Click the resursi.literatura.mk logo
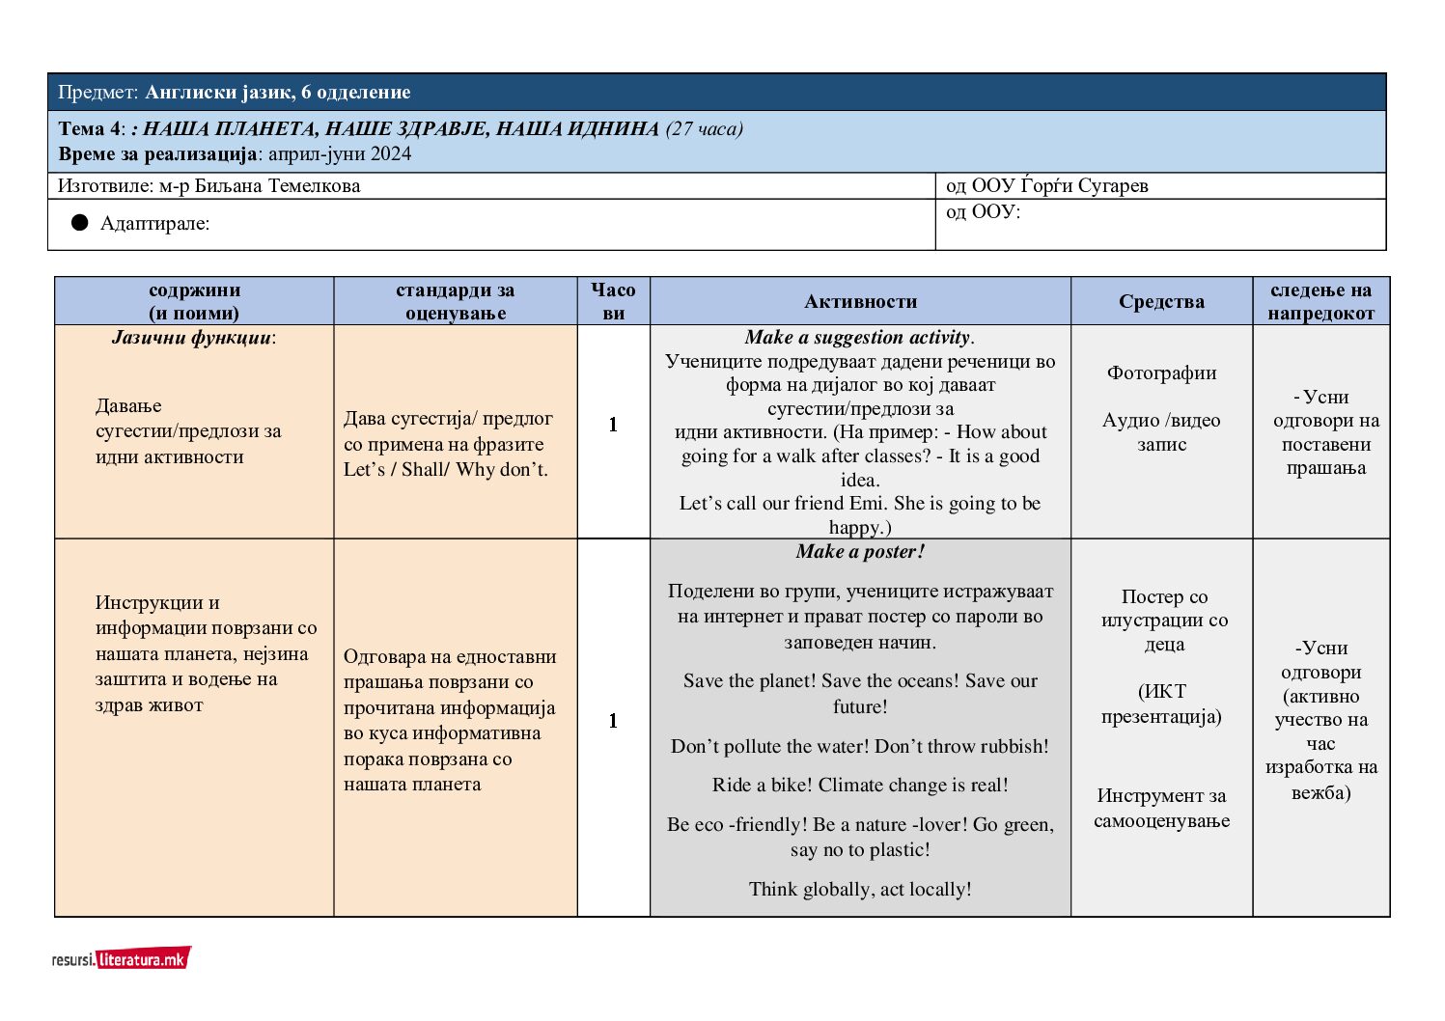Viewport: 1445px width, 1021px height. pyautogui.click(x=122, y=958)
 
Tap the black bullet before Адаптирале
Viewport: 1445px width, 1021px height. pyautogui.click(x=80, y=223)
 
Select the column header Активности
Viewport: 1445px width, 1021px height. pyautogui.click(x=860, y=301)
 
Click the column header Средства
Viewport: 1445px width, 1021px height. pyautogui.click(x=1161, y=301)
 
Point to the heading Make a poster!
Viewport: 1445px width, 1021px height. pyautogui.click(x=860, y=552)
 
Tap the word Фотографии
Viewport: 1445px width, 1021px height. pyautogui.click(x=1161, y=373)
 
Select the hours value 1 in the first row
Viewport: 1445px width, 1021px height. pyautogui.click(x=613, y=425)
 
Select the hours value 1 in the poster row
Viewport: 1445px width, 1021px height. pyautogui.click(x=613, y=721)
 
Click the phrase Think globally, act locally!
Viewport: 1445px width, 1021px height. pyautogui.click(x=860, y=889)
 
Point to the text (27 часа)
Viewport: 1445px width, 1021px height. pyautogui.click(x=705, y=128)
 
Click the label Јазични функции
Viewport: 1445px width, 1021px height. pyautogui.click(x=192, y=337)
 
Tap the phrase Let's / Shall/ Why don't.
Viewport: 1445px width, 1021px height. pyautogui.click(x=445, y=470)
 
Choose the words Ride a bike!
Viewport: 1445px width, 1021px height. pyautogui.click(x=763, y=785)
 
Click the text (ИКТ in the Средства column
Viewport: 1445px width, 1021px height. pyautogui.click(x=1162, y=691)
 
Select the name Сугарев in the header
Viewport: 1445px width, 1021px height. pyautogui.click(x=1113, y=185)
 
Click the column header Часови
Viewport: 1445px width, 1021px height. pyautogui.click(x=613, y=301)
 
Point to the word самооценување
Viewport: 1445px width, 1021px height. pyautogui.click(x=1161, y=821)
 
